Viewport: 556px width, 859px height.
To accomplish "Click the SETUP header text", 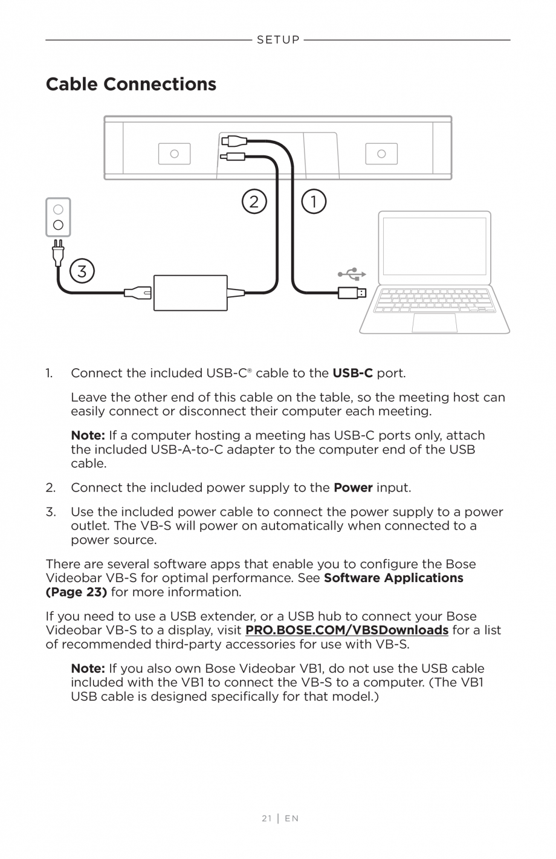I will point(278,40).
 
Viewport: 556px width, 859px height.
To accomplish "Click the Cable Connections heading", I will point(131,84).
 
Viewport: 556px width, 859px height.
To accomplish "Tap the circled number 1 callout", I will point(314,201).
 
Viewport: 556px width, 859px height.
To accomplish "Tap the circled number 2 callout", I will point(254,201).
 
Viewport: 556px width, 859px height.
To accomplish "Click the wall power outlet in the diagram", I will point(58,218).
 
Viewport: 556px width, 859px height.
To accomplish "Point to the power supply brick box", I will point(190,293).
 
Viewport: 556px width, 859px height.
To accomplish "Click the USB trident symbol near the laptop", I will point(352,274).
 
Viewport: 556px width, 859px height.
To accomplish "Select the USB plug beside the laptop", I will point(351,293).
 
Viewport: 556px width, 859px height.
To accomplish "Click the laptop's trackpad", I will point(435,323).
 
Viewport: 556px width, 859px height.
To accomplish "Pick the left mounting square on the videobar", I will point(174,154).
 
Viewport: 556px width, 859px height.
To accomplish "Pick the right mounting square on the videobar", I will point(381,154).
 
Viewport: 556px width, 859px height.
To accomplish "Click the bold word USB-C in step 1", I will point(352,373).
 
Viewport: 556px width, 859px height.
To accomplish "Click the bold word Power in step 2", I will point(353,487).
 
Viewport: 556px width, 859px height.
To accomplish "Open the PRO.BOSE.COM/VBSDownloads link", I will point(346,630).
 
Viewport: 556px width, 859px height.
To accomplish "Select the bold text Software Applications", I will point(393,578).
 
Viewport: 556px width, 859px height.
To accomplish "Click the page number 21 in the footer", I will point(267,818).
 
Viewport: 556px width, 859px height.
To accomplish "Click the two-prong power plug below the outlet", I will point(58,253).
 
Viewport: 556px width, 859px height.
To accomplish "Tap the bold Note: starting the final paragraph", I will point(88,669).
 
